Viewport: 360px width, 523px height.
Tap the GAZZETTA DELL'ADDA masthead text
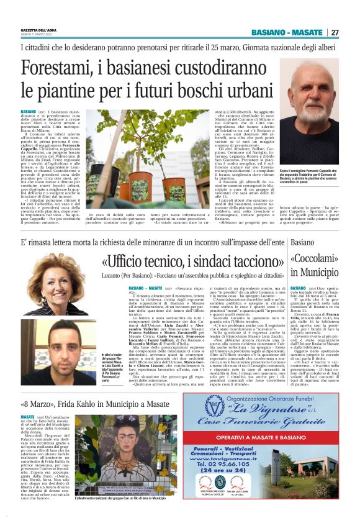pos(36,30)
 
